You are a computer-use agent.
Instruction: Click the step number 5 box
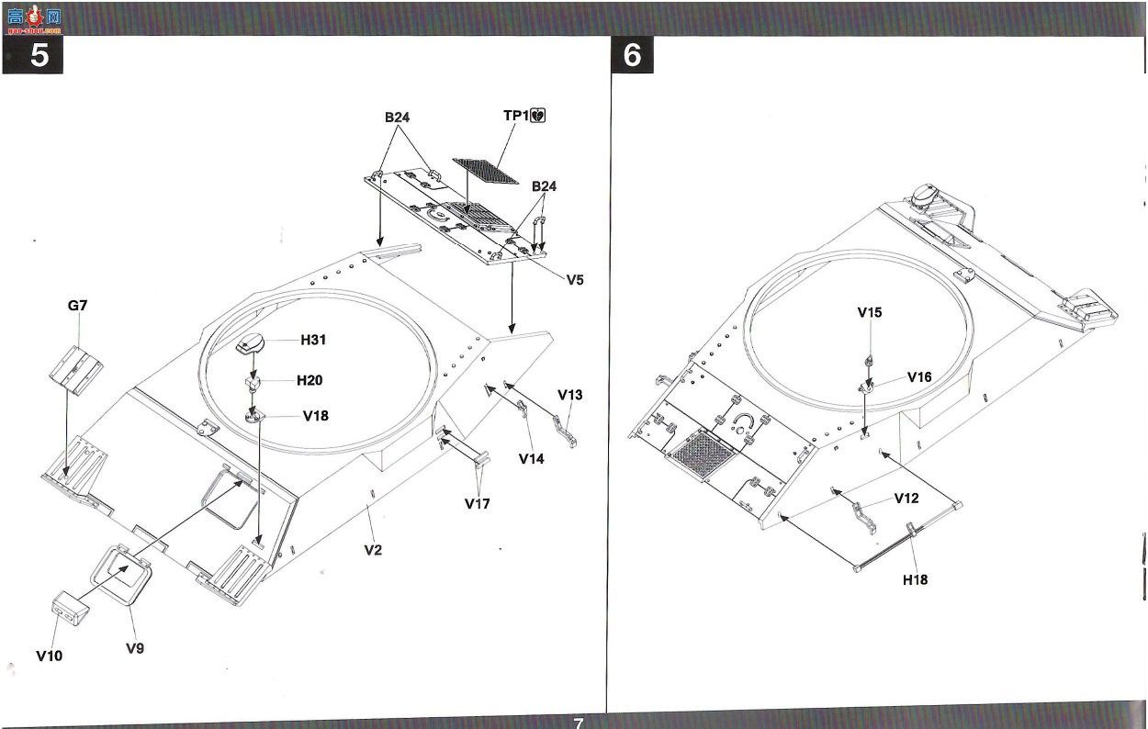[33, 55]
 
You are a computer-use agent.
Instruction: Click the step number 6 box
[633, 54]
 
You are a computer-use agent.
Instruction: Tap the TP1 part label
[515, 116]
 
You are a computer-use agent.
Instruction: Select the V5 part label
[575, 280]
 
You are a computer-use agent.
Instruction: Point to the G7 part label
[77, 306]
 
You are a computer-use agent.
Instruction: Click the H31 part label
[313, 340]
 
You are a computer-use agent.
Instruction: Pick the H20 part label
[310, 380]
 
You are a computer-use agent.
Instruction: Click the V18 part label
[316, 416]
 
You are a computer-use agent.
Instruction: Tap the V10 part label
[50, 656]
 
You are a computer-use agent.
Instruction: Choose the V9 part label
[135, 648]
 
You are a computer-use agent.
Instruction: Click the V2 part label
[373, 550]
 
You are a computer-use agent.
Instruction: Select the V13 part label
[570, 395]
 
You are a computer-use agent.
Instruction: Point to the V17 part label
[478, 503]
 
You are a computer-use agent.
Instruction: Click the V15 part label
[870, 312]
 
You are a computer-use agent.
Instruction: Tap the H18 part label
[916, 579]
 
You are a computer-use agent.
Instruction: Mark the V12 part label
[906, 498]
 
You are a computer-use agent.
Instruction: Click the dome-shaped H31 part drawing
[251, 342]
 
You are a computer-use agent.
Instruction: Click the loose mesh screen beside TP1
[485, 171]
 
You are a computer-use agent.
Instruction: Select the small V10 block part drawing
[70, 608]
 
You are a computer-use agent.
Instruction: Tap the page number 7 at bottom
[578, 723]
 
